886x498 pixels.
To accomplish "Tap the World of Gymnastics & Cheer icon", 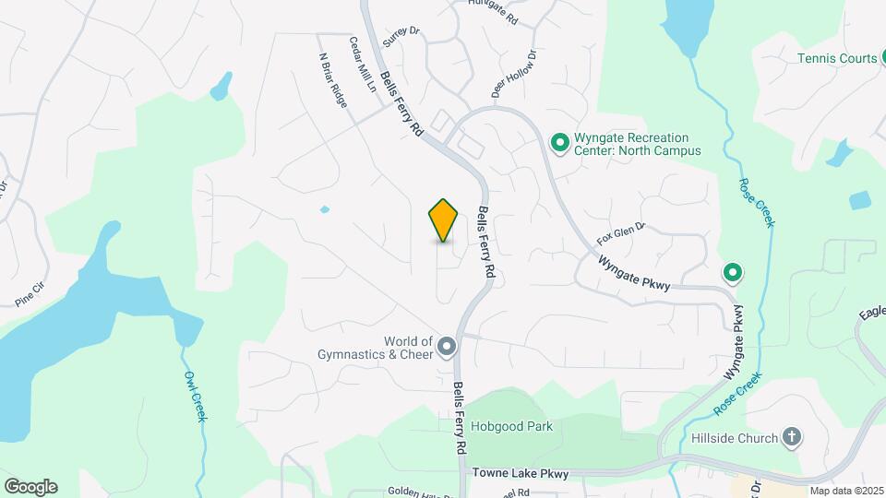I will pyautogui.click(x=447, y=347).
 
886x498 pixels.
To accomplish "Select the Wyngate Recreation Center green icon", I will pyautogui.click(x=558, y=142).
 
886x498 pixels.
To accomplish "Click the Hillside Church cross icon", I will pyautogui.click(x=791, y=437).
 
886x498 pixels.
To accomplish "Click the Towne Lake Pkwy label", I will pyautogui.click(x=521, y=472).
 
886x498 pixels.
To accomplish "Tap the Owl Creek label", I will pyautogui.click(x=194, y=397).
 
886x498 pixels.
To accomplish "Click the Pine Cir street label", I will pyautogui.click(x=30, y=294).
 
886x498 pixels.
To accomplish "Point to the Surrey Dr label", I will pyautogui.click(x=401, y=35).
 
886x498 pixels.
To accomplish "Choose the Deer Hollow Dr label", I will pyautogui.click(x=514, y=73).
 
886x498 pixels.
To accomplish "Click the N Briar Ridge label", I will pyautogui.click(x=333, y=81).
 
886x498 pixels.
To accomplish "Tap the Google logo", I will pyautogui.click(x=30, y=486).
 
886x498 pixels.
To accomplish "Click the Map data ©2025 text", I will pyautogui.click(x=847, y=491).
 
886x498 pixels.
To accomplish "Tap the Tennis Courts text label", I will pyautogui.click(x=837, y=58).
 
